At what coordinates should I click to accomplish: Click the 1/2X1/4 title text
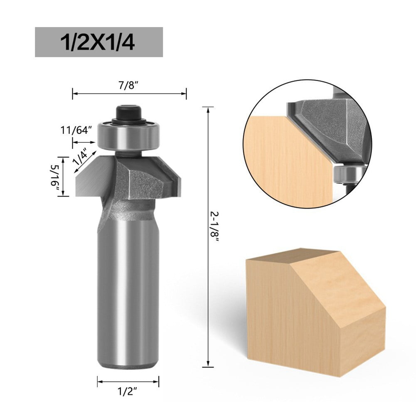point(98,42)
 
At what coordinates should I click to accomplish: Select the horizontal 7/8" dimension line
point(129,94)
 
